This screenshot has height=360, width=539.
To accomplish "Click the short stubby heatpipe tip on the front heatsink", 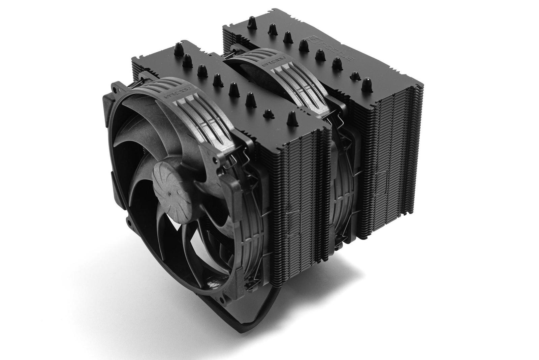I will tap(268, 113).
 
